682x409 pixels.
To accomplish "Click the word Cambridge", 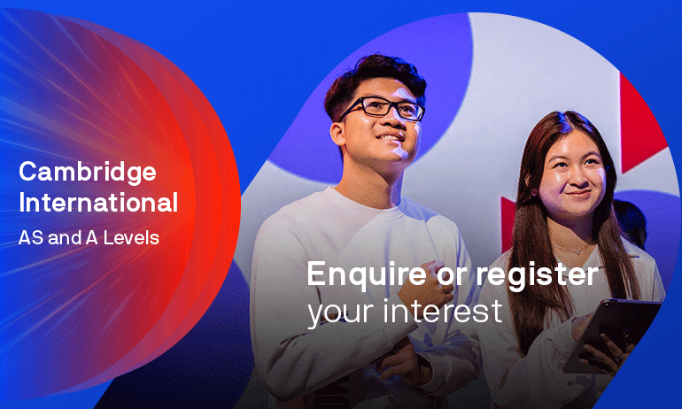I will tap(87, 171).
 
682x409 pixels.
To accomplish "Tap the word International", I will tap(98, 203).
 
